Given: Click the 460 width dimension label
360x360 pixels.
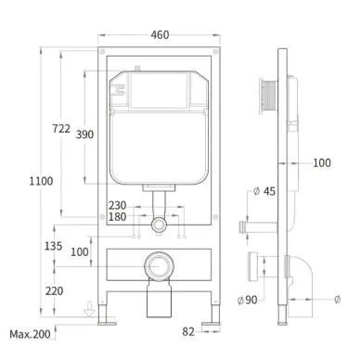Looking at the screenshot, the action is (160, 35).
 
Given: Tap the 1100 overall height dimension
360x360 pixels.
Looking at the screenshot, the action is (41, 181).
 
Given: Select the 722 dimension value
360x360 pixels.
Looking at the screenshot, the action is (61, 128).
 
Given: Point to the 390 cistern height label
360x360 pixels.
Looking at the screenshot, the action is (84, 135).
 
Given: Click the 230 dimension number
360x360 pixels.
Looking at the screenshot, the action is (117, 205).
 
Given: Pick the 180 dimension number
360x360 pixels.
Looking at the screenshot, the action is (117, 217).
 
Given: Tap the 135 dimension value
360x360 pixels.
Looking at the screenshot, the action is (54, 246).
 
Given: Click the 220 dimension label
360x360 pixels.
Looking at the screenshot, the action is (54, 291).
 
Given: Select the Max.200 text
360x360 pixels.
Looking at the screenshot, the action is (30, 334).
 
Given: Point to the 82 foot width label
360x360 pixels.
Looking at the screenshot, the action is (188, 332).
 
